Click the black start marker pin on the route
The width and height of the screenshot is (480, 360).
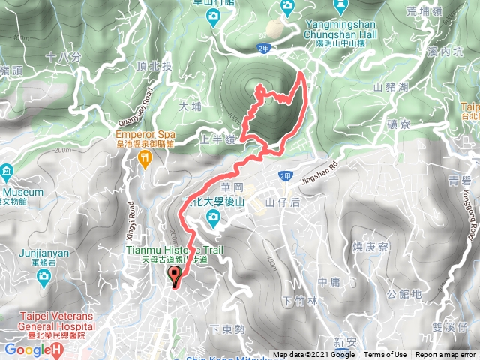click(175, 276)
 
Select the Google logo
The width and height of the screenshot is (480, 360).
click(31, 349)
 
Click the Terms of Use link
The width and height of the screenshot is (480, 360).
click(385, 355)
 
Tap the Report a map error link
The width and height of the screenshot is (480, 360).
click(446, 355)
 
